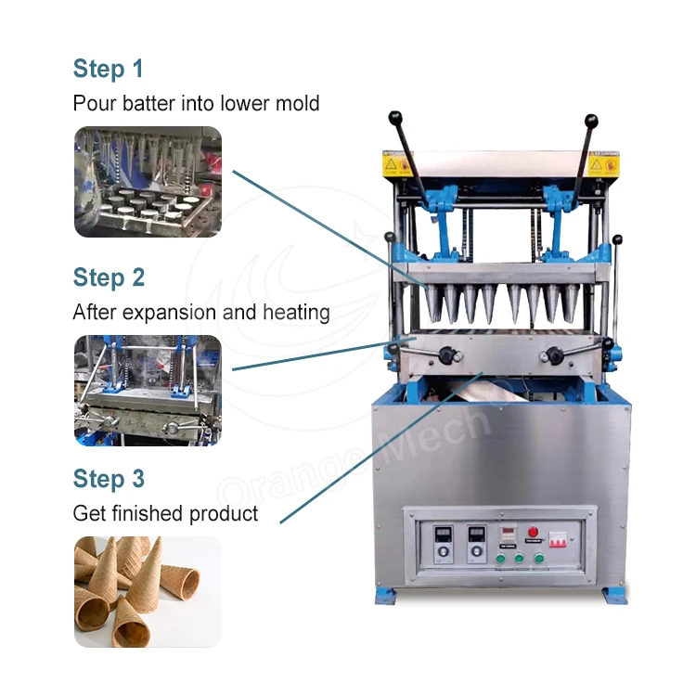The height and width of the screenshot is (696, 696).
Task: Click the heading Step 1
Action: pyautogui.click(x=109, y=70)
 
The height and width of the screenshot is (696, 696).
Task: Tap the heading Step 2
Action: pyautogui.click(x=109, y=277)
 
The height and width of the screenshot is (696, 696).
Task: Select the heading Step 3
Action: pyautogui.click(x=109, y=479)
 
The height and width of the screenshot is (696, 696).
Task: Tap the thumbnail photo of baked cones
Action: pyautogui.click(x=148, y=591)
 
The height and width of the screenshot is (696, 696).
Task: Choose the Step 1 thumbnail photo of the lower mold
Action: pyautogui.click(x=148, y=182)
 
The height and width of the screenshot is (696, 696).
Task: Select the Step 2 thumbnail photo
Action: pyautogui.click(x=148, y=389)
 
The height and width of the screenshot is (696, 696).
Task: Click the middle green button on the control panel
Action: pyautogui.click(x=517, y=559)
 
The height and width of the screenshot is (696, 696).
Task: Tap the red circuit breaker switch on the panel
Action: pyautogui.click(x=559, y=538)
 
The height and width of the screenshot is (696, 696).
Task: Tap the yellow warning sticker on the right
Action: pyautogui.click(x=611, y=164)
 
